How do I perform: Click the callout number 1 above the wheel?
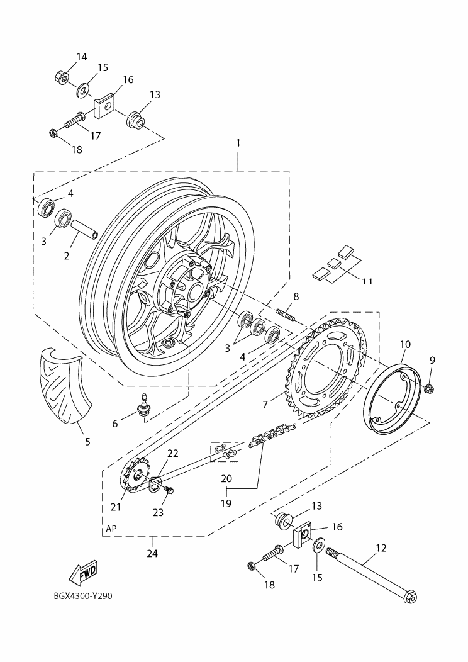[x=238, y=143]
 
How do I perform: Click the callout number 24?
[x=152, y=554]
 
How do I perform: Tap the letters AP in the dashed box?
[x=111, y=529]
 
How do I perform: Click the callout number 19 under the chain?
[x=226, y=503]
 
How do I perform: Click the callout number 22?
[x=173, y=454]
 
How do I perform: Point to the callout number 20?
[x=226, y=478]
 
